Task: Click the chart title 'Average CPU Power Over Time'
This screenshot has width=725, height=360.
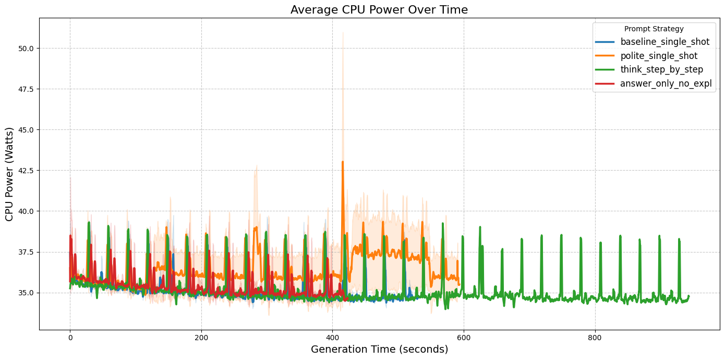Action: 379,9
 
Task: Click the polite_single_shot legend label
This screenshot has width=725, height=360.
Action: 659,56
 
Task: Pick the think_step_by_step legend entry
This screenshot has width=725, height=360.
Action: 661,69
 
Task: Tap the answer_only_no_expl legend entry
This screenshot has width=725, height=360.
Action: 666,83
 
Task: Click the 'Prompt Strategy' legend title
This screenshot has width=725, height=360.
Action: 654,29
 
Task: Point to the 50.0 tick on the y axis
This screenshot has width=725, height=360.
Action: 26,48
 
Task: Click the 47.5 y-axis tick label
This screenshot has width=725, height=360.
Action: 26,89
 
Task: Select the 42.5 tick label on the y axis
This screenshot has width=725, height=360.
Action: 26,171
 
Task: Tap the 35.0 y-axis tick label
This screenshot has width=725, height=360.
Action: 26,293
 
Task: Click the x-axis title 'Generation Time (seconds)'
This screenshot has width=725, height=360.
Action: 379,350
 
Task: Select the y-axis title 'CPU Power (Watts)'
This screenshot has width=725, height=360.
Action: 9,173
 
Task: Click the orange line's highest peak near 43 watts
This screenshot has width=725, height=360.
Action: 343,162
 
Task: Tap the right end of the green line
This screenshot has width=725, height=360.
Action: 688,296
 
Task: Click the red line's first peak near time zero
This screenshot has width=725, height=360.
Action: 70,236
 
